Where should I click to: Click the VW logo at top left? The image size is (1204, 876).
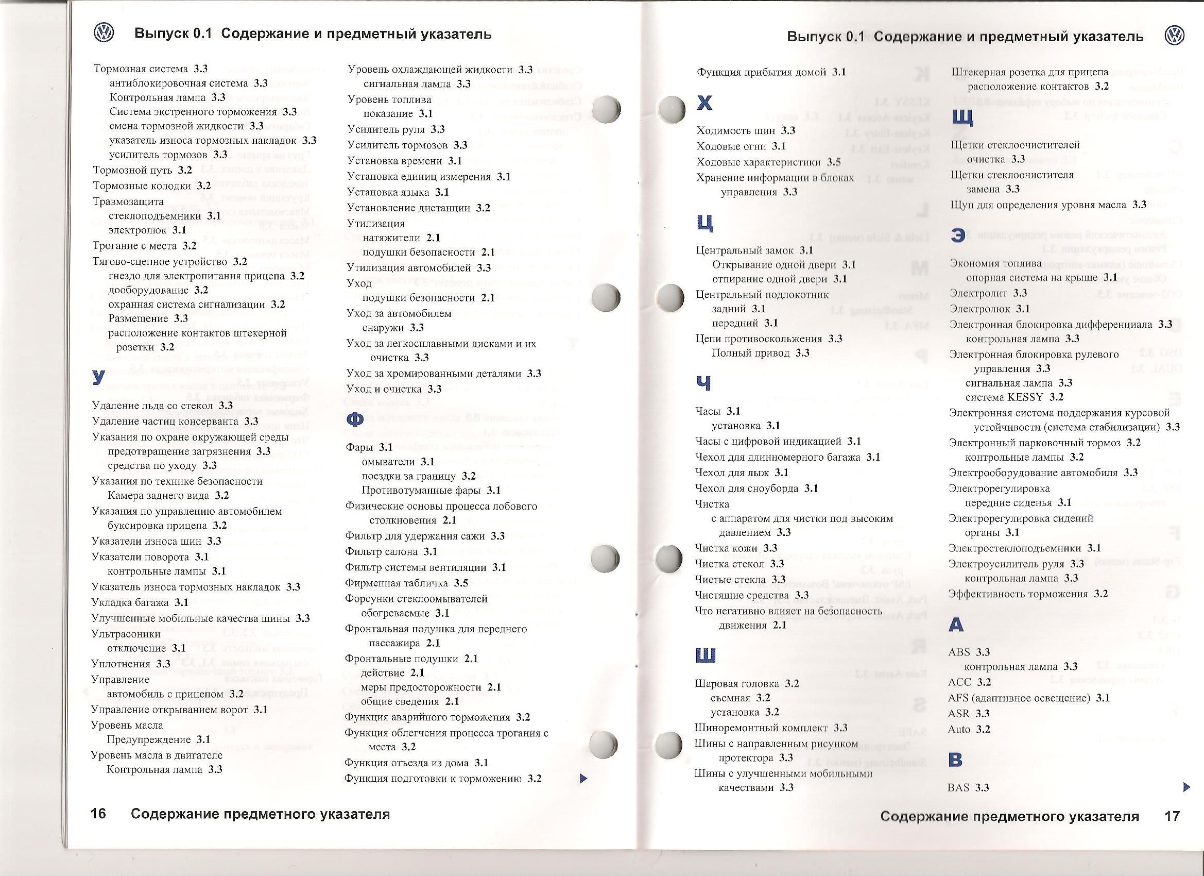104,33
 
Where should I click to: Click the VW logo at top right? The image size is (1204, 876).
1174,36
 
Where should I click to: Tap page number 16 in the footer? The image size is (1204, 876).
99,814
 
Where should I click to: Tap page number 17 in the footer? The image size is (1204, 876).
1172,816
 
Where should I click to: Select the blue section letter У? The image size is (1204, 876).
98,377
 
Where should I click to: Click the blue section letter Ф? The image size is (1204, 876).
354,419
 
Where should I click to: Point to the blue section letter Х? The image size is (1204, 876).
704,103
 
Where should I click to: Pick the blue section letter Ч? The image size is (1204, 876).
703,383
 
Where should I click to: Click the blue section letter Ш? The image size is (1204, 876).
705,655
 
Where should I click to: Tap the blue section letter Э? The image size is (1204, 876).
958,235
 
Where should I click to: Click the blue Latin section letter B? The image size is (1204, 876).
955,760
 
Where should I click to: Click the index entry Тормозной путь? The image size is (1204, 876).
133,170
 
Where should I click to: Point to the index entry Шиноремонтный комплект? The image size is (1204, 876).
761,728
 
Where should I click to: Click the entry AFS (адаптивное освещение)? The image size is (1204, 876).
1019,698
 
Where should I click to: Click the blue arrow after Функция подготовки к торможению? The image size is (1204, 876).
583,779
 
